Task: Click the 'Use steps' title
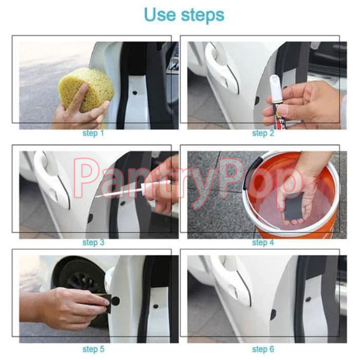[184, 15]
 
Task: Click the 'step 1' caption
[93, 133]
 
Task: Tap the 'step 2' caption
[263, 133]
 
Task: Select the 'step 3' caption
[93, 242]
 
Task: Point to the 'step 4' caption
[263, 242]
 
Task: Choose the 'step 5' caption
[93, 349]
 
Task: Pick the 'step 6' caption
[263, 349]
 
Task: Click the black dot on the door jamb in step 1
[135, 93]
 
